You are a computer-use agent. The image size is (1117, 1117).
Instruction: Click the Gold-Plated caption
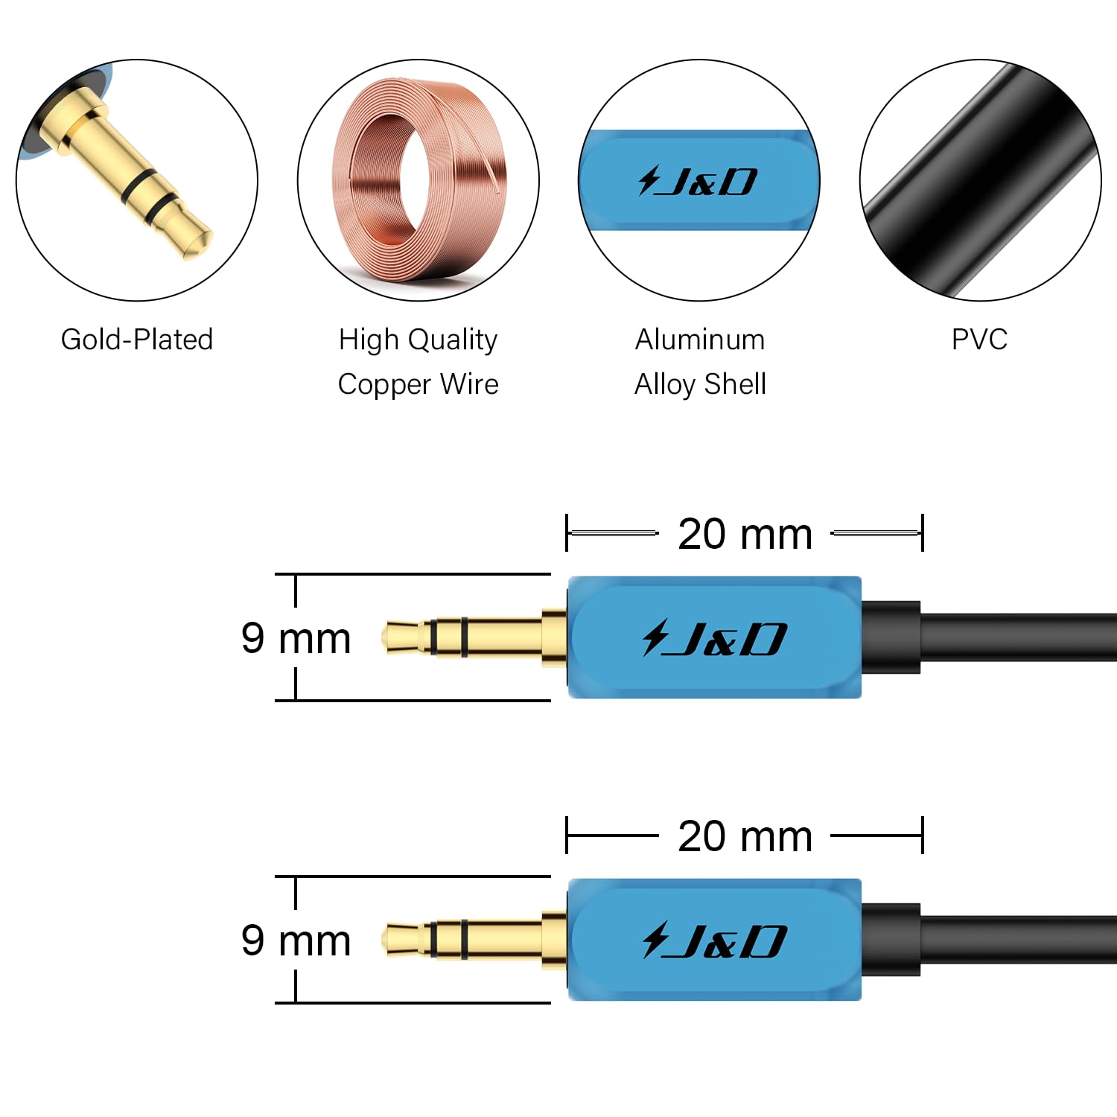[x=137, y=340]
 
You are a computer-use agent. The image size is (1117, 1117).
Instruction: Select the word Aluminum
[x=700, y=340]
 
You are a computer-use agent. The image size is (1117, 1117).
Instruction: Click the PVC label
[x=980, y=340]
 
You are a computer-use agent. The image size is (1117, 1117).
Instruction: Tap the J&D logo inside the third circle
[x=698, y=181]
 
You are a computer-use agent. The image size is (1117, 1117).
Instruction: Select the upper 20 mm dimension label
[x=745, y=534]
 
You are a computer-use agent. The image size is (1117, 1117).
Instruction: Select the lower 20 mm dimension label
[x=745, y=836]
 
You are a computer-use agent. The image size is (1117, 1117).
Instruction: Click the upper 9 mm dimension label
[x=296, y=638]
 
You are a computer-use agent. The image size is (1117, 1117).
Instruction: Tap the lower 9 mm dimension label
[x=296, y=941]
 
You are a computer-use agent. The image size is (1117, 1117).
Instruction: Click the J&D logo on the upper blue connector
[x=714, y=638]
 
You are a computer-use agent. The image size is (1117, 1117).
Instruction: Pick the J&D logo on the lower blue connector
[x=714, y=941]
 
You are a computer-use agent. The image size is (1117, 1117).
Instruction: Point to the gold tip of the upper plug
[x=402, y=637]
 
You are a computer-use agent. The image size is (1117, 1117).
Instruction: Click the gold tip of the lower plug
[x=402, y=940]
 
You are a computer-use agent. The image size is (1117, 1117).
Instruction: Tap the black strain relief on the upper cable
[x=891, y=637]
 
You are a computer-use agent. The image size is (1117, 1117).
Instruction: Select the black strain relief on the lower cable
[x=891, y=940]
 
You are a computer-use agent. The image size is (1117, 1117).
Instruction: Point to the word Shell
[x=735, y=384]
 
